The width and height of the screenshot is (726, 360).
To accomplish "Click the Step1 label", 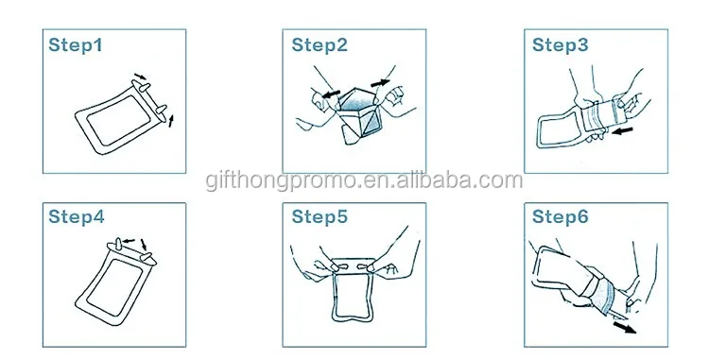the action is coord(76,45).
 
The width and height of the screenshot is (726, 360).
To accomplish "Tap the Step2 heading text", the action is coord(319,45).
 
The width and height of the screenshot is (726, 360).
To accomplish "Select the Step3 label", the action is coord(560,45).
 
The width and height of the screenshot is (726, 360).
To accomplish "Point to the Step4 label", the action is coord(77,216).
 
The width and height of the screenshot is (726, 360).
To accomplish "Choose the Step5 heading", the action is coord(319,216).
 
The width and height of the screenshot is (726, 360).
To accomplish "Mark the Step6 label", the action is coord(560,216).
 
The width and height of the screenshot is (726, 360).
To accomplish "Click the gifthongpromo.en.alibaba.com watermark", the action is coord(364,180).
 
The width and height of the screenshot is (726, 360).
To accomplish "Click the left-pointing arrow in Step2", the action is coord(331,94).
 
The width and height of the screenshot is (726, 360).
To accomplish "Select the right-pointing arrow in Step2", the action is coord(381,83).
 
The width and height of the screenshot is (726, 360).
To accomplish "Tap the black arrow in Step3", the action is coord(622,132).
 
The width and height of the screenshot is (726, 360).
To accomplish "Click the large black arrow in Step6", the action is coord(625,327).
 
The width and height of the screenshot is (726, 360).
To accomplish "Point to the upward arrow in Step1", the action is coord(171,121).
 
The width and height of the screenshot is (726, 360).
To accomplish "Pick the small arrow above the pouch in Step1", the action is coord(140,77).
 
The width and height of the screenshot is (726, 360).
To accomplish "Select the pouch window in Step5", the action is coord(353,297).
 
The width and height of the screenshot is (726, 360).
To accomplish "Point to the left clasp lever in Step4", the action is coord(118,244).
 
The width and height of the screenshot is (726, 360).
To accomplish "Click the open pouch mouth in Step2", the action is coord(356,98).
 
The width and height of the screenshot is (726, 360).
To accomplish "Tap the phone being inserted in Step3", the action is coord(599,114).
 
